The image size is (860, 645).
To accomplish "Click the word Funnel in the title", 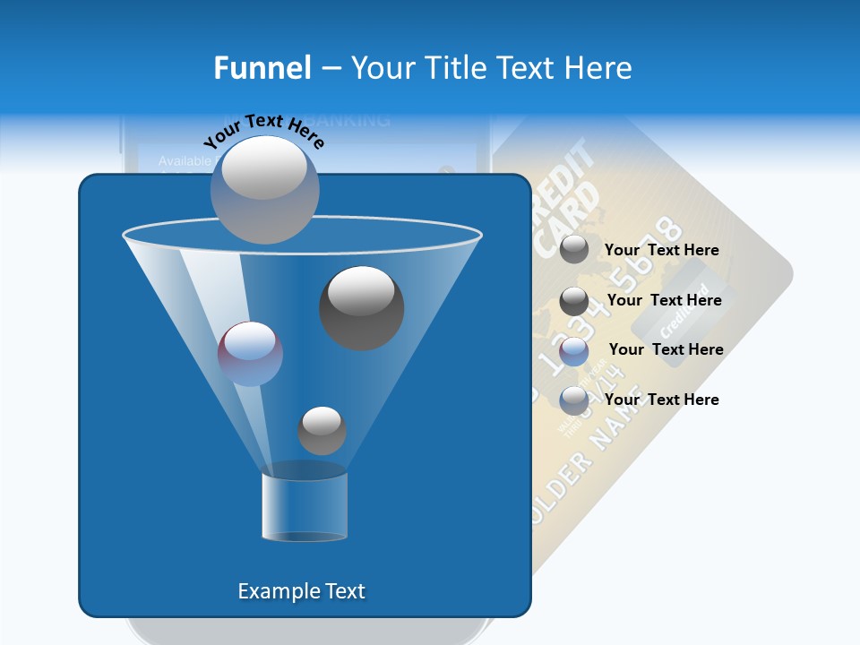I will (262, 68).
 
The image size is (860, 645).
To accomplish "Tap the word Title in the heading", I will (456, 68).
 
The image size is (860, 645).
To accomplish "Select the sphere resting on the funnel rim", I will (265, 189).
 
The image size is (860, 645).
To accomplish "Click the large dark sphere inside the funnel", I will (361, 307).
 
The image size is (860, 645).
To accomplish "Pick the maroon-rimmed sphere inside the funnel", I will (250, 353).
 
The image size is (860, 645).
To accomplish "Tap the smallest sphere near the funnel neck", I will (322, 430).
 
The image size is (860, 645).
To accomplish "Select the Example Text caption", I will (301, 591).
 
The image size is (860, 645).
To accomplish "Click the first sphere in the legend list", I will (574, 250).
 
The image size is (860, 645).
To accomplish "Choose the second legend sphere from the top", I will (574, 301).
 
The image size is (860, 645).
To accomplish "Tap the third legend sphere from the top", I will (574, 351).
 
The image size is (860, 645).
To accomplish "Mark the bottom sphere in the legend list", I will (574, 400).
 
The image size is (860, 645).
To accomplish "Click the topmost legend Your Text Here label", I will (661, 251).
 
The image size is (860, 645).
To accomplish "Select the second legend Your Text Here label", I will (664, 301).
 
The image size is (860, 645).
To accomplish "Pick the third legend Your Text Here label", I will (666, 350).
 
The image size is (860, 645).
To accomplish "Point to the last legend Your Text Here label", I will (661, 400).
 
